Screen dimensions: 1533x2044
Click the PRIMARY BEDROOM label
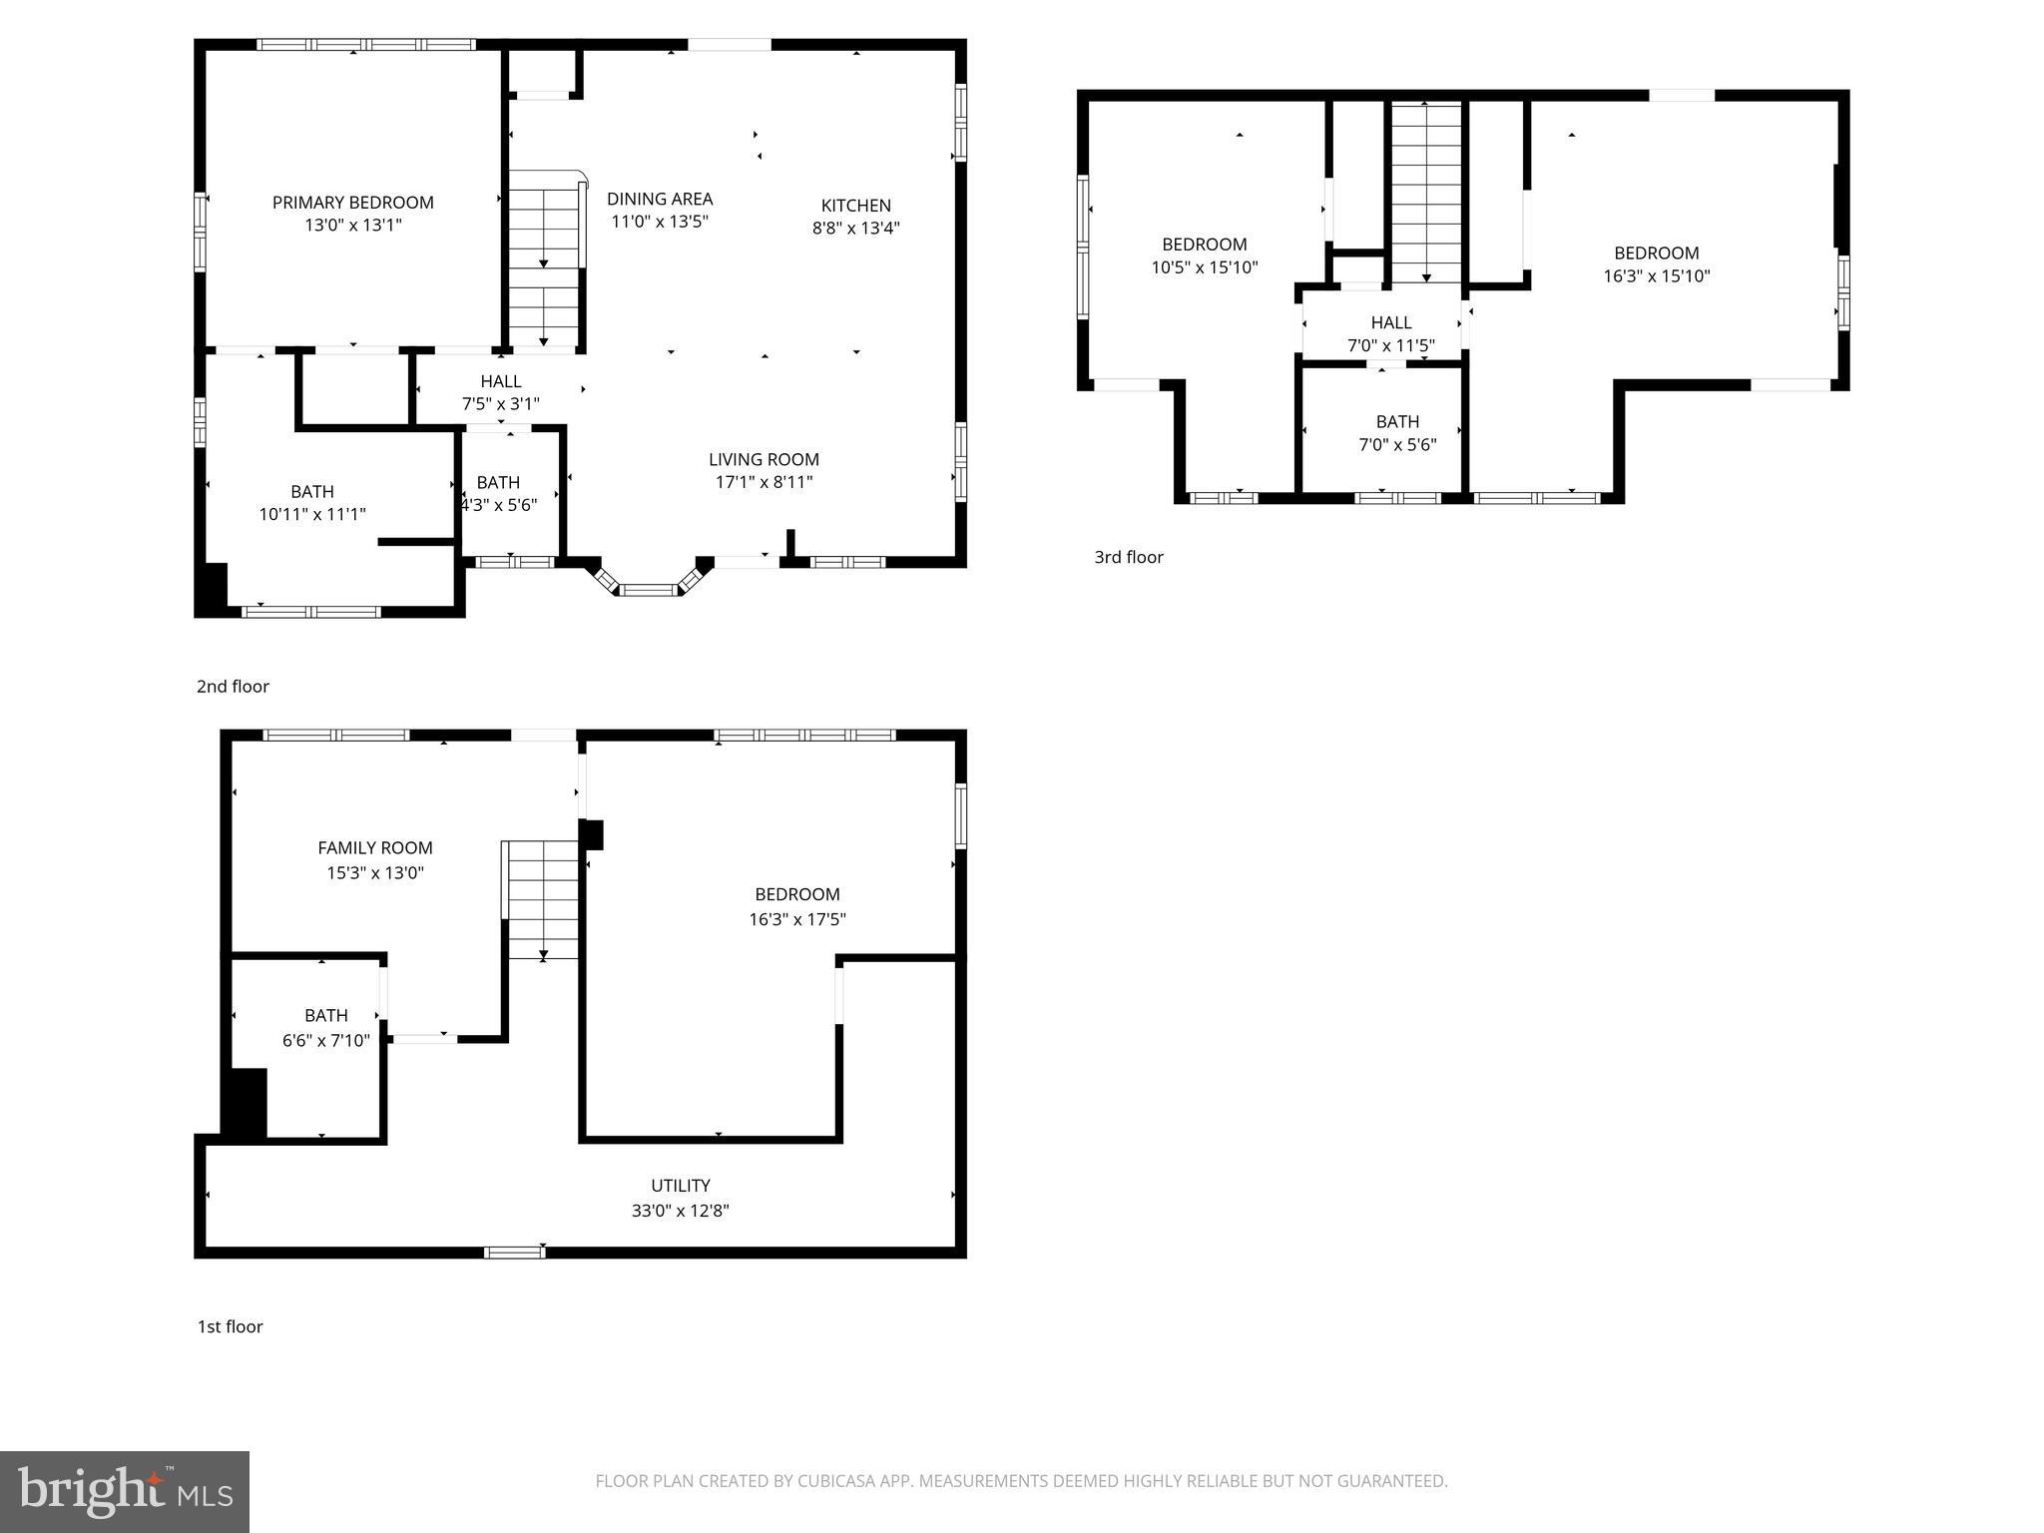coord(352,203)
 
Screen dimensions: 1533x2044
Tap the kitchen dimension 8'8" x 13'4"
coord(855,228)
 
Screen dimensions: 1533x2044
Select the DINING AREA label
coord(660,199)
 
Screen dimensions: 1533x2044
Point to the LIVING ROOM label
coord(764,459)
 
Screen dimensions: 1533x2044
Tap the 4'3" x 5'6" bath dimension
coord(498,505)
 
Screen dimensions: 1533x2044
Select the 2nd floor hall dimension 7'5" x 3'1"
coord(500,404)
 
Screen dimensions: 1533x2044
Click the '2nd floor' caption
coord(233,687)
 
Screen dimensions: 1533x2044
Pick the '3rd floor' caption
coord(1128,557)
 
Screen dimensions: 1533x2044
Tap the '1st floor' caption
coord(230,1326)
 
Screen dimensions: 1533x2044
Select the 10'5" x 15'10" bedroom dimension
coord(1204,267)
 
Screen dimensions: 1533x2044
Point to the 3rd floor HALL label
coord(1390,322)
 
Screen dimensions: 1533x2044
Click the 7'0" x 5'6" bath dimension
coord(1396,444)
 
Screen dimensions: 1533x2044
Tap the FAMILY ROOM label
coord(374,848)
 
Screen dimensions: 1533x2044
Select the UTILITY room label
coord(680,1186)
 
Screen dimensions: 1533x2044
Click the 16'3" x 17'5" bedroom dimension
coord(796,919)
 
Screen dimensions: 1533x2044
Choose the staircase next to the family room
coord(542,898)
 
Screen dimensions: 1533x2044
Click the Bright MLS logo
coord(125,1491)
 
